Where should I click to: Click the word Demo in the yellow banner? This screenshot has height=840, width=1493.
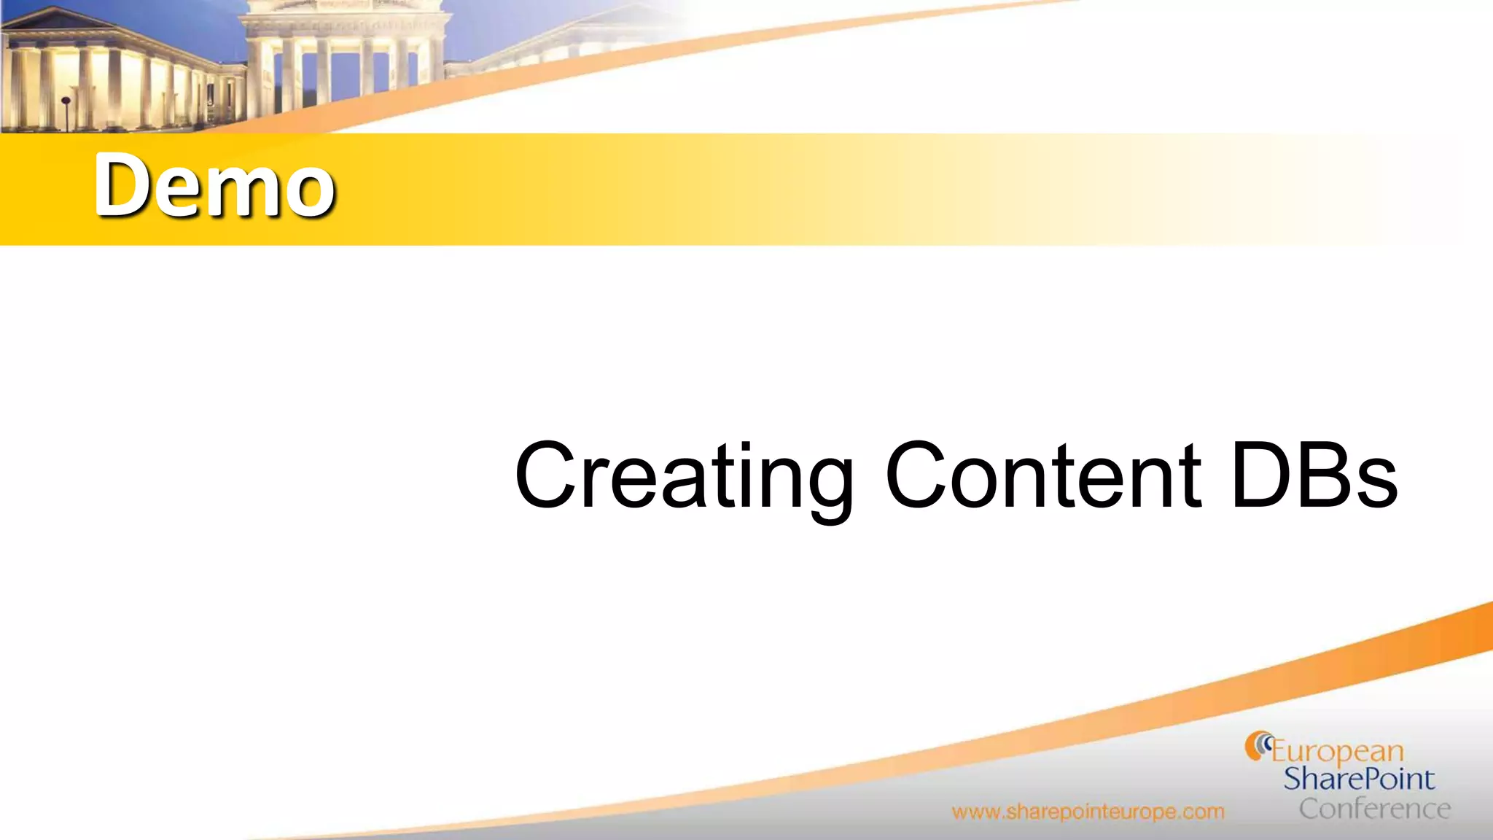pyautogui.click(x=214, y=185)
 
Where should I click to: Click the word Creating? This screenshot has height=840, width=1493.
pyautogui.click(x=684, y=478)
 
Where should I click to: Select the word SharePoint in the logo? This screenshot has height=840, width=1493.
pyautogui.click(x=1359, y=779)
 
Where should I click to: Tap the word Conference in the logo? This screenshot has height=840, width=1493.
pyautogui.click(x=1374, y=809)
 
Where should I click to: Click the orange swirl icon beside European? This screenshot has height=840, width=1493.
pyautogui.click(x=1258, y=746)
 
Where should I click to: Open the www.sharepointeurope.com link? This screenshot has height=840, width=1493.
pyautogui.click(x=1088, y=812)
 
